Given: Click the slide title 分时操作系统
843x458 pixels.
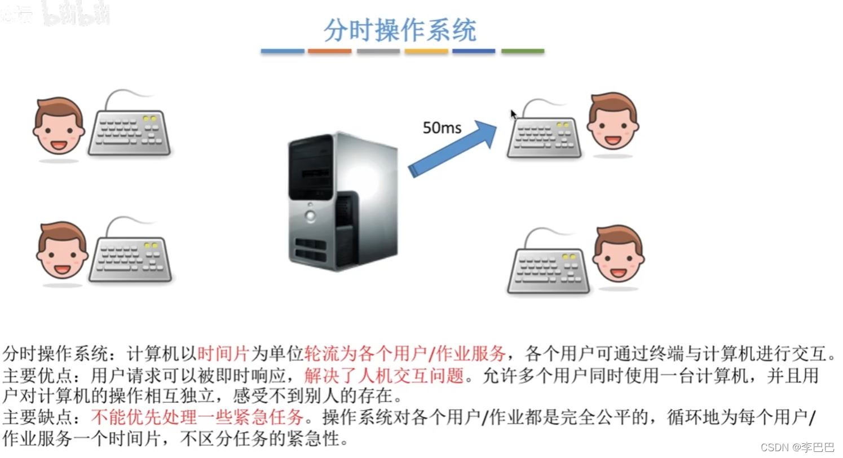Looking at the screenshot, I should tap(400, 30).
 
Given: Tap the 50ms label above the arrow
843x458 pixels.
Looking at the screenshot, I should tap(442, 128).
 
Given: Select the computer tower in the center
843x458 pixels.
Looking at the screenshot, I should tap(342, 200).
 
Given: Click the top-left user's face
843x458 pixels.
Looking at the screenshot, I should tap(59, 126).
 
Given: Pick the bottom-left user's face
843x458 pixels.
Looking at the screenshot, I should tap(62, 250).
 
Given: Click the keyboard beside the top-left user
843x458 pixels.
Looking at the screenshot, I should tap(129, 132).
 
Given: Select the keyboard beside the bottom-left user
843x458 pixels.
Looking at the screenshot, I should tap(130, 259).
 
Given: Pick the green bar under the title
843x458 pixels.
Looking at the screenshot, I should tap(523, 51).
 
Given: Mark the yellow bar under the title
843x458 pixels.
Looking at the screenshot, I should tap(426, 51).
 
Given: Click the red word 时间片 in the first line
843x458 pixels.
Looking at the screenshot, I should tap(223, 354).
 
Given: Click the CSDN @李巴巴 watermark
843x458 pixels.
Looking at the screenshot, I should tap(797, 447).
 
